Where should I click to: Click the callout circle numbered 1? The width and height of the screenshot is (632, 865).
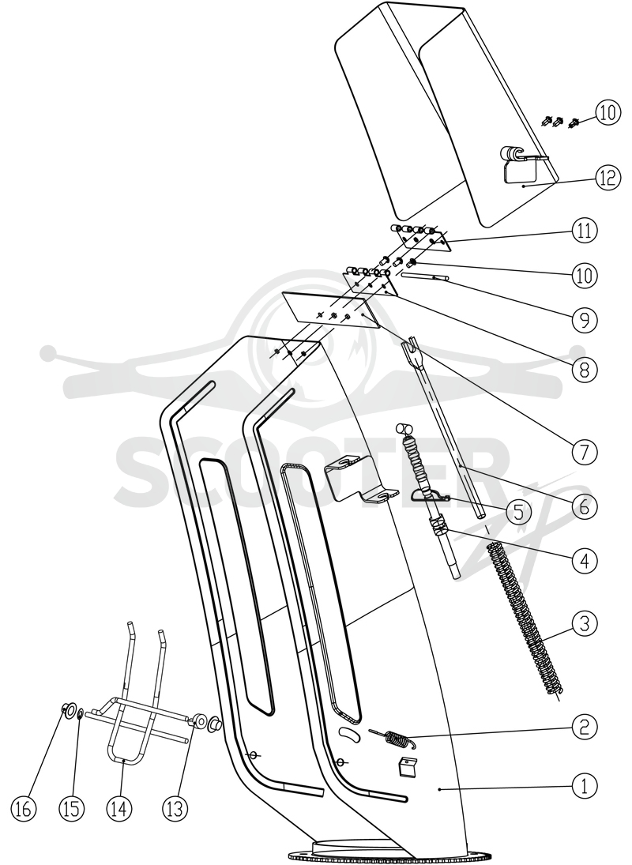pos(584,785)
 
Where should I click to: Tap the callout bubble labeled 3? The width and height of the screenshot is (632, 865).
pos(584,624)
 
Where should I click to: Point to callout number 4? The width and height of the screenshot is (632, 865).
pos(584,561)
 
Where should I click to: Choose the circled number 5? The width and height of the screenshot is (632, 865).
pos(517,513)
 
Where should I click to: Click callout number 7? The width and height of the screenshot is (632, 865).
pos(584,452)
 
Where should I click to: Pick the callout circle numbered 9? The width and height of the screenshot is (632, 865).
pos(584,319)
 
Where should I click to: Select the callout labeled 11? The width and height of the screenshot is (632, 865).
pos(584,231)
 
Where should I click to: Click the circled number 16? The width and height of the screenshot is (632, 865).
pos(24,808)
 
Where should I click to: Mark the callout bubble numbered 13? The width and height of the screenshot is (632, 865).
pos(175,808)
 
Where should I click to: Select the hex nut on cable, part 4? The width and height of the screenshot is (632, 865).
pos(438,526)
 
